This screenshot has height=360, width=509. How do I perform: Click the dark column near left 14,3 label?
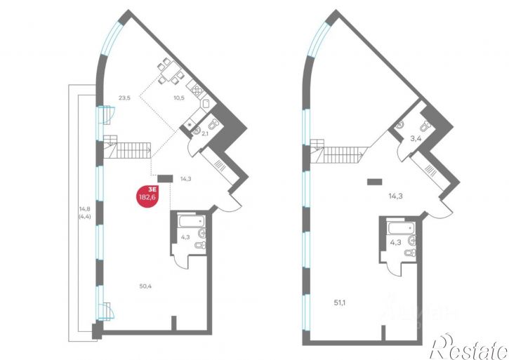(x=166, y=179)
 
